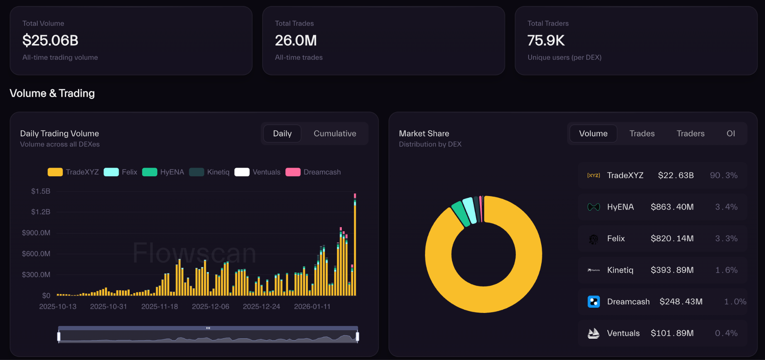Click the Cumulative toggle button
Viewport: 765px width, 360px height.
point(335,134)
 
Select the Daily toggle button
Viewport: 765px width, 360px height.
point(282,134)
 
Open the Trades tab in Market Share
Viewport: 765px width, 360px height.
point(642,134)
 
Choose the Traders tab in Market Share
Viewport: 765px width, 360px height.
point(690,134)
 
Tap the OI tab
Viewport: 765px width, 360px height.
point(731,134)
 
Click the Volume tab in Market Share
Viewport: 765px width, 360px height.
point(593,134)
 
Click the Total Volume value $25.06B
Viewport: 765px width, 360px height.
point(50,40)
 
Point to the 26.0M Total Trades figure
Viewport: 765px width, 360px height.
point(296,40)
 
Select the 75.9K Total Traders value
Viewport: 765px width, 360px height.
point(546,40)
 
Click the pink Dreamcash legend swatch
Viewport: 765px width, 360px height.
point(293,172)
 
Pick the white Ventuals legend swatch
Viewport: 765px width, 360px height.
point(242,172)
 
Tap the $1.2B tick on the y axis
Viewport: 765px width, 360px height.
point(41,212)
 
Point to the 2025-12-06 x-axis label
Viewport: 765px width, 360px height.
point(210,307)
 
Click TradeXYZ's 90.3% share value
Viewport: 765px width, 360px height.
point(724,176)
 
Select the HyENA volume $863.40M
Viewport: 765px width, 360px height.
point(672,207)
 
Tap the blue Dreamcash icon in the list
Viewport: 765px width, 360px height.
point(594,301)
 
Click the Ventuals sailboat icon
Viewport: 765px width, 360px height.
point(594,333)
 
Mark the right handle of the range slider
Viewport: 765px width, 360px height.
point(357,336)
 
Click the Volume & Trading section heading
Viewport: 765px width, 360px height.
point(52,93)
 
